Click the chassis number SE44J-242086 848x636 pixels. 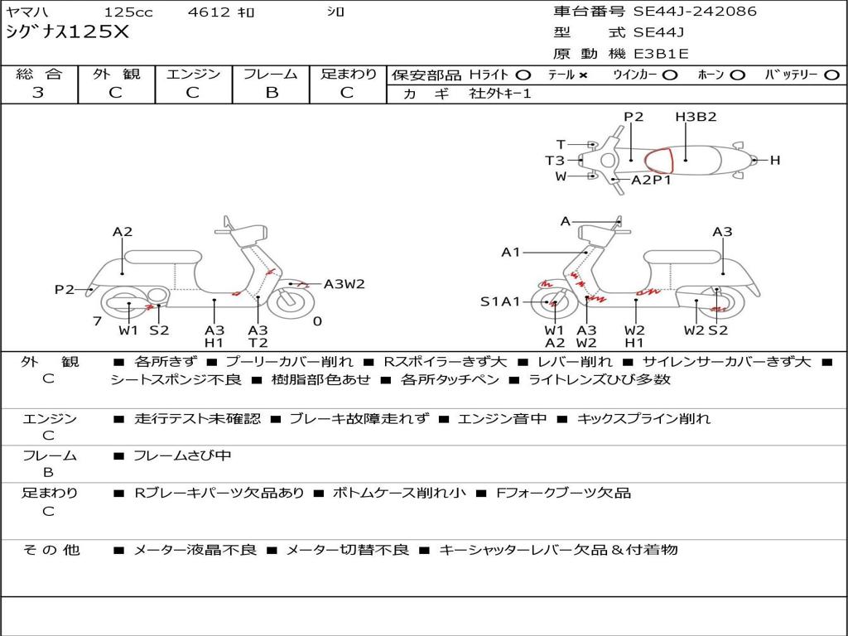pyautogui.click(x=695, y=12)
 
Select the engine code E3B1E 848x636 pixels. pyautogui.click(x=662, y=54)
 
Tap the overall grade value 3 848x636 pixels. pyautogui.click(x=38, y=93)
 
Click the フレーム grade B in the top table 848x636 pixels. pyautogui.click(x=271, y=93)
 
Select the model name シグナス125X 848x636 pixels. pyautogui.click(x=68, y=32)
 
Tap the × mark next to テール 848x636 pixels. pyautogui.click(x=583, y=75)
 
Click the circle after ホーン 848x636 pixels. pyautogui.click(x=738, y=75)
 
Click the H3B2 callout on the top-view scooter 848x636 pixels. pyautogui.click(x=695, y=117)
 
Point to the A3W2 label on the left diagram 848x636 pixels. pyautogui.click(x=344, y=284)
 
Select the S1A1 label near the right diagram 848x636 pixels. pyautogui.click(x=500, y=301)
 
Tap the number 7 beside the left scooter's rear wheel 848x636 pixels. pyautogui.click(x=97, y=321)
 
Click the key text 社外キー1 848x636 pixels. pyautogui.click(x=500, y=94)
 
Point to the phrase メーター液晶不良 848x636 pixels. pyautogui.click(x=195, y=550)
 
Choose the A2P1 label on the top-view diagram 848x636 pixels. pyautogui.click(x=651, y=180)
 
